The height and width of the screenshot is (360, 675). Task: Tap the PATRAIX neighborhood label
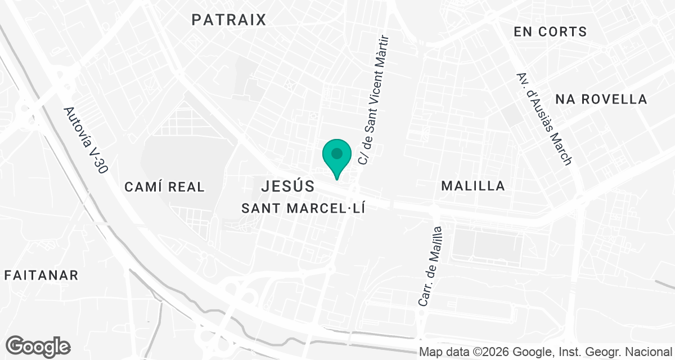pos(228,20)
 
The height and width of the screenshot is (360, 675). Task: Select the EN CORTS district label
pos(550,32)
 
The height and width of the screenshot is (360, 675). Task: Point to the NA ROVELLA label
pos(601,100)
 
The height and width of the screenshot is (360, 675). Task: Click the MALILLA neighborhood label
pos(473,186)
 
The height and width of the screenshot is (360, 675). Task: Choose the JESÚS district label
pos(287,185)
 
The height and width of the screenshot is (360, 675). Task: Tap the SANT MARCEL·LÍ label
pos(304,208)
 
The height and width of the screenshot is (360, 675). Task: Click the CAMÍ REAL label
pos(165,187)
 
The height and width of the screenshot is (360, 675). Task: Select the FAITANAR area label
pos(41,275)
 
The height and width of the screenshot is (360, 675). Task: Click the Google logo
pos(38,346)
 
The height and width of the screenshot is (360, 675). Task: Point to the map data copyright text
pos(546,352)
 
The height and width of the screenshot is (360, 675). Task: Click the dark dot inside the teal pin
pos(337,152)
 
